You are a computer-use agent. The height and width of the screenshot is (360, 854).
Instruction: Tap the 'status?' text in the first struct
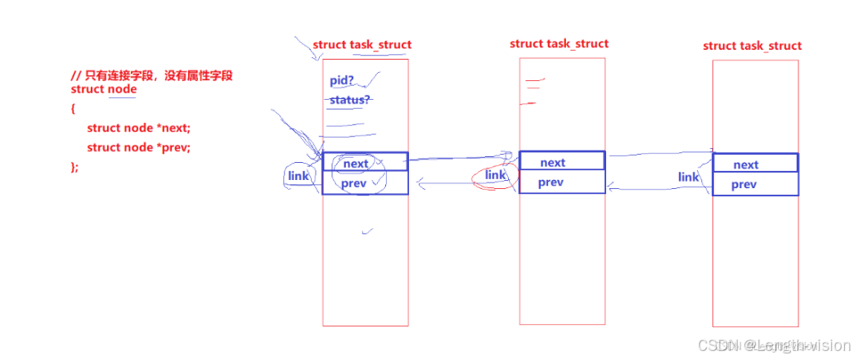349,100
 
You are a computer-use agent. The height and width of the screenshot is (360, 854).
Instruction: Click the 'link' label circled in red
496,175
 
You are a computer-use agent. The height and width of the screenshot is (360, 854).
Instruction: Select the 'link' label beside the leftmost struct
298,176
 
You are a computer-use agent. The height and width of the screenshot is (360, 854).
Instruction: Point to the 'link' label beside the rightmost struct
689,177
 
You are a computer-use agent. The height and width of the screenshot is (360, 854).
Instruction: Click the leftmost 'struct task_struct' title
362,45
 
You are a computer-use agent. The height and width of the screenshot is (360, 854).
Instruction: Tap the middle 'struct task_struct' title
559,43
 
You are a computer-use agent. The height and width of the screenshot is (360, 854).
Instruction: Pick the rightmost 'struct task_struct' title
752,46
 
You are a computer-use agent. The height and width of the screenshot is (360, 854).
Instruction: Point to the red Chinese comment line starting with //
151,75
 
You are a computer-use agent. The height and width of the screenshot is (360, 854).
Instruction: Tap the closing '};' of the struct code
75,167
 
